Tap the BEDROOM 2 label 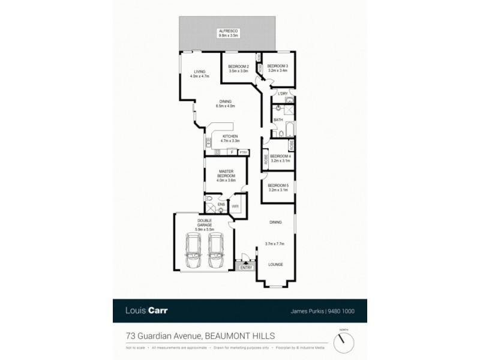238,66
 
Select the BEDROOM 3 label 278,66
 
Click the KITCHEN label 230,136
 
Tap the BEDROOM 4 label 280,156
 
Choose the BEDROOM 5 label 278,185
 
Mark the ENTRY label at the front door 246,268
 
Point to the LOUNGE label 275,264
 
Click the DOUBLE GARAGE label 205,224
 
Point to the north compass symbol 344,342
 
